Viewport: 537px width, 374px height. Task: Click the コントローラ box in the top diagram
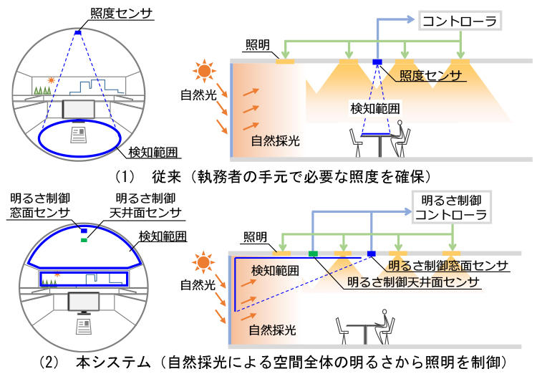tap(460, 21)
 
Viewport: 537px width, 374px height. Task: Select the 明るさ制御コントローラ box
tap(452, 207)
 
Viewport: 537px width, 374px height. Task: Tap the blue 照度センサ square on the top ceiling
tap(377, 62)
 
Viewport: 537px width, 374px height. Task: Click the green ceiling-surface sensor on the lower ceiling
tap(313, 254)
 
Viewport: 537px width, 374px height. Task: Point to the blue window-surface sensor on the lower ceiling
tap(371, 254)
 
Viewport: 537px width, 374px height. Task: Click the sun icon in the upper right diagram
tap(204, 72)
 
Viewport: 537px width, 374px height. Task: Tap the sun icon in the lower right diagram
tap(203, 263)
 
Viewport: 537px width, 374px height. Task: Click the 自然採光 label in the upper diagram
tap(275, 141)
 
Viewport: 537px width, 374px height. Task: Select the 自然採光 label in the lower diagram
tap(272, 330)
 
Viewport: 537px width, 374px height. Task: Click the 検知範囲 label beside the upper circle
tap(153, 152)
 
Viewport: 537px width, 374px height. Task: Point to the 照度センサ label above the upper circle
tap(121, 14)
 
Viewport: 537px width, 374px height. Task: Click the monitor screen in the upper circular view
tap(79, 110)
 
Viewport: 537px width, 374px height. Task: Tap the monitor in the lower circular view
tap(84, 302)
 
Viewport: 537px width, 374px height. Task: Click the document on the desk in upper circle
tap(79, 135)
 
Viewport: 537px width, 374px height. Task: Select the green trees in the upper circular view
tap(42, 90)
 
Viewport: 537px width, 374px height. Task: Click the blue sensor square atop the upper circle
tap(78, 32)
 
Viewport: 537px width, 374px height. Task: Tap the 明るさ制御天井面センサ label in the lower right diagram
tap(413, 282)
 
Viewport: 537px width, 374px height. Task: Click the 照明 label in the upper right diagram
tap(258, 45)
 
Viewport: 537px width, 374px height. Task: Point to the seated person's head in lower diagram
tap(384, 312)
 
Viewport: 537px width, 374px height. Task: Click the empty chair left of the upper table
tap(356, 143)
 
